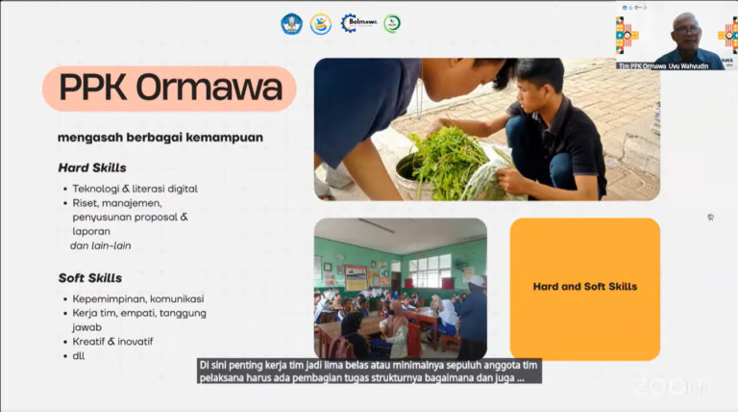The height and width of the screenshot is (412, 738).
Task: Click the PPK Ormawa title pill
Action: coord(170,89)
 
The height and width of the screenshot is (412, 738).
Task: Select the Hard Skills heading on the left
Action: coord(92,167)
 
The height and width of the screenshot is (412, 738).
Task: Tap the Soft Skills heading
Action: coord(89,278)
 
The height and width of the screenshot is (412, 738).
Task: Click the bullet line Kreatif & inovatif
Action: coord(112,342)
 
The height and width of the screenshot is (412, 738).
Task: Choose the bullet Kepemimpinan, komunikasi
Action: coord(132,298)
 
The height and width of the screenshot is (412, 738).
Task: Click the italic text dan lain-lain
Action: coord(100,245)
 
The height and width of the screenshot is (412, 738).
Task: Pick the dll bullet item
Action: coord(79,356)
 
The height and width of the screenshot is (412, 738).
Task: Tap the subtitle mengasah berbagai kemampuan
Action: coord(160,137)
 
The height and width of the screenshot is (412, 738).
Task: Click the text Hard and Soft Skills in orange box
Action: coord(584,287)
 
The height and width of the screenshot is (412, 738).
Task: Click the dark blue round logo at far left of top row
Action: coord(291,24)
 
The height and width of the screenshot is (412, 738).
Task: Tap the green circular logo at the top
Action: coord(392,24)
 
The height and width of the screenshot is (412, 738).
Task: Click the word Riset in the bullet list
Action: coord(86,203)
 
